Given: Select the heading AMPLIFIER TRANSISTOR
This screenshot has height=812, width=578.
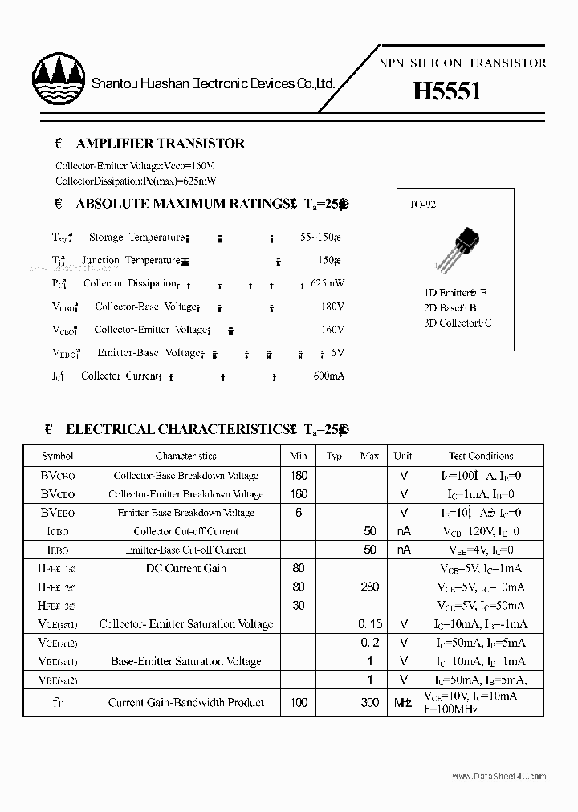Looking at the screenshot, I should click(x=160, y=144).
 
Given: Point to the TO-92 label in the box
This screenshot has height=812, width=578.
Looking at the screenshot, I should click(x=422, y=205).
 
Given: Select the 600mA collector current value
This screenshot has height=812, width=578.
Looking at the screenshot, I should click(x=328, y=376).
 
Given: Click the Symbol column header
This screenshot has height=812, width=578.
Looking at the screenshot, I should click(x=58, y=456).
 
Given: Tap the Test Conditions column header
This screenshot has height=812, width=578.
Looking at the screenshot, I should click(x=481, y=456).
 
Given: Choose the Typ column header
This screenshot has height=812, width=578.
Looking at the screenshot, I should click(x=334, y=456).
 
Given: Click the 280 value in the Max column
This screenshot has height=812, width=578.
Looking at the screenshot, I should click(x=369, y=587).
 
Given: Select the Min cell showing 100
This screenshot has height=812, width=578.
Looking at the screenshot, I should click(x=299, y=702).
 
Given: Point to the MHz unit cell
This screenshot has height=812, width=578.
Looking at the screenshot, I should click(x=403, y=703).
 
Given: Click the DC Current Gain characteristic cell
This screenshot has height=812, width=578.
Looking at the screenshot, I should click(x=186, y=568).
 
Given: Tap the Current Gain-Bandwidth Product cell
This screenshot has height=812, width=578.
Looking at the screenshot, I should click(x=186, y=702).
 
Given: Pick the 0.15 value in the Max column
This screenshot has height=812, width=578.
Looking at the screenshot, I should click(x=369, y=624).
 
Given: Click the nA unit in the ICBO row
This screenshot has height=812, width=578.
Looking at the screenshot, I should click(x=403, y=531).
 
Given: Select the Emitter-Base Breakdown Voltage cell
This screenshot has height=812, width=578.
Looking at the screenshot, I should click(x=186, y=513).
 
